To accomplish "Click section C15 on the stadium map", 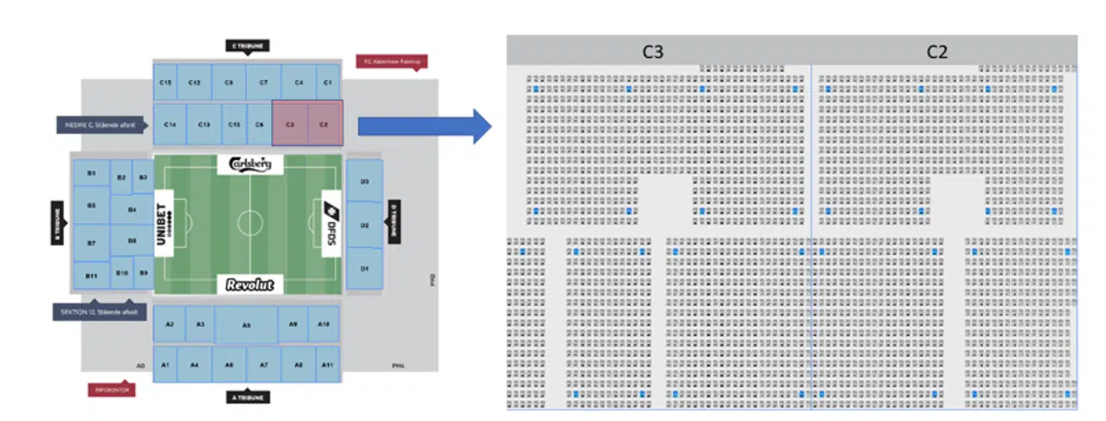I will pyautogui.click(x=164, y=82).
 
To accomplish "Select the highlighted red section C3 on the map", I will pyautogui.click(x=290, y=124).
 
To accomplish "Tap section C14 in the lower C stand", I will pyautogui.click(x=170, y=124).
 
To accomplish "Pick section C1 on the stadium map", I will pyautogui.click(x=328, y=82).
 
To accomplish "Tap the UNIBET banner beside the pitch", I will pyautogui.click(x=162, y=224).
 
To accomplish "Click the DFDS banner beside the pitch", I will pyautogui.click(x=330, y=224).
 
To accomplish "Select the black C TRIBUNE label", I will pyautogui.click(x=247, y=46).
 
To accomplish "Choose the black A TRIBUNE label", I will pyautogui.click(x=247, y=397).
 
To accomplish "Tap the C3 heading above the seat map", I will pyautogui.click(x=653, y=51).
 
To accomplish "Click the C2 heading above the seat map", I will pyautogui.click(x=937, y=51).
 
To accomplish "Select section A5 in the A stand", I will pyautogui.click(x=247, y=326).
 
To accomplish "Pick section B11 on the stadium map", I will pyautogui.click(x=91, y=275).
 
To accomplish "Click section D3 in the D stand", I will pyautogui.click(x=365, y=181).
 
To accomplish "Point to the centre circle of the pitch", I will pyautogui.click(x=250, y=224).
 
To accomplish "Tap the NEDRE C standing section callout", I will pyautogui.click(x=100, y=124).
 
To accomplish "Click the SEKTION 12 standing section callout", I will pyautogui.click(x=100, y=312).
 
